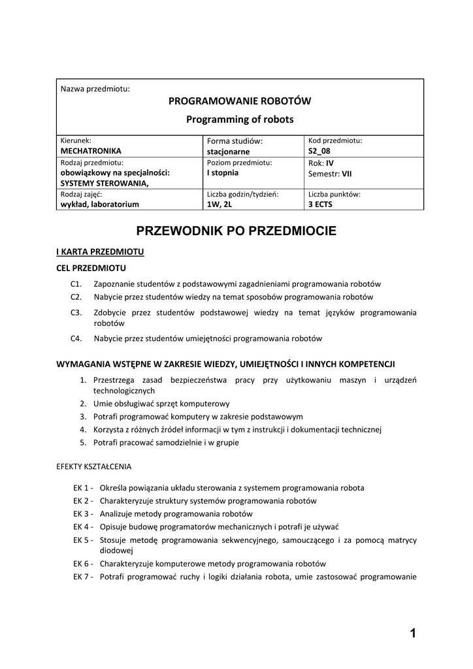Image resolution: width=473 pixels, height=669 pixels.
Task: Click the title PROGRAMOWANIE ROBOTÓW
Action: click(x=240, y=101)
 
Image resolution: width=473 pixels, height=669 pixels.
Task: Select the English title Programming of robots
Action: click(x=240, y=120)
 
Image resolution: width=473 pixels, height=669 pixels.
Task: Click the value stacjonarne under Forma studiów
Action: click(x=228, y=152)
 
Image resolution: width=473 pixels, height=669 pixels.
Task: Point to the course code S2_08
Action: click(x=319, y=151)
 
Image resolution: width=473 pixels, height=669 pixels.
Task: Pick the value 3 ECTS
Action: click(x=321, y=204)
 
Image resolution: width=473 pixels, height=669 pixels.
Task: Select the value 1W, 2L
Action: click(x=220, y=204)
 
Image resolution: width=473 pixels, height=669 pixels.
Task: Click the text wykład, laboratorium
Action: click(x=100, y=204)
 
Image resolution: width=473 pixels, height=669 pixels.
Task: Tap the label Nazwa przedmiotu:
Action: click(x=95, y=88)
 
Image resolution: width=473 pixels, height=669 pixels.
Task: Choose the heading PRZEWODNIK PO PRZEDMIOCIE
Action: click(x=236, y=231)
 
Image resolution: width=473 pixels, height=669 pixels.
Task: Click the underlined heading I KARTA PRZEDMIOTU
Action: click(x=100, y=252)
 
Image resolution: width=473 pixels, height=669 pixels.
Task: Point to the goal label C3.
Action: click(x=76, y=313)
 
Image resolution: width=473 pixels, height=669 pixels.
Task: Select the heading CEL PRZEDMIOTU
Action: click(x=91, y=268)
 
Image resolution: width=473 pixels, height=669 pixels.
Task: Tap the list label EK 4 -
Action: click(x=84, y=527)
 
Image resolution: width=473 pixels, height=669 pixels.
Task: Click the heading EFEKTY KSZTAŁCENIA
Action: click(x=94, y=467)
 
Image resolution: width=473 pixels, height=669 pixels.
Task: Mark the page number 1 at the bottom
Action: click(x=413, y=632)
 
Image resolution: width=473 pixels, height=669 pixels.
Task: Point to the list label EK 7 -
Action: click(x=84, y=576)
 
